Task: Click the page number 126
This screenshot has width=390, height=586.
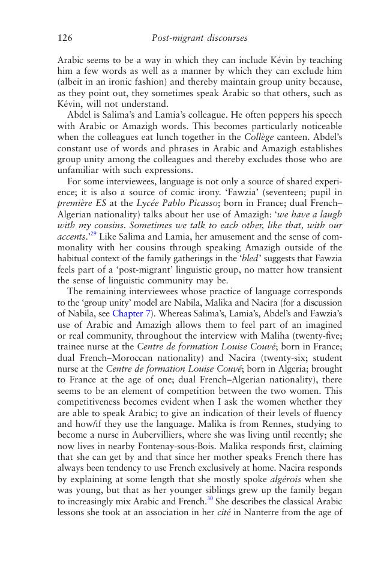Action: (x=65, y=38)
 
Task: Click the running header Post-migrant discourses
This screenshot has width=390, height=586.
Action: (x=199, y=38)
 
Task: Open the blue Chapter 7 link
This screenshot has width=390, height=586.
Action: (x=128, y=313)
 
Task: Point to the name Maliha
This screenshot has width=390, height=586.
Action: (x=279, y=335)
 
